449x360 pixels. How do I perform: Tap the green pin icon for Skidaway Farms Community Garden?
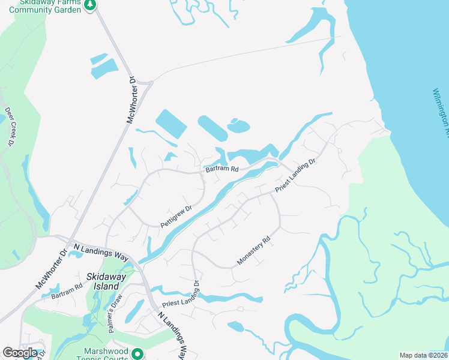click(x=90, y=5)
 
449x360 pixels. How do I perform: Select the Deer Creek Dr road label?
click(x=10, y=127)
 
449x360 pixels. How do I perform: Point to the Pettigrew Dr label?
click(x=175, y=217)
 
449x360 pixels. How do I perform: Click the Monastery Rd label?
click(x=255, y=250)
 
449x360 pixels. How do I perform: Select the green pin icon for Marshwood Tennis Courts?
click(x=137, y=354)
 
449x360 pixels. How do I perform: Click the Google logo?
click(x=20, y=353)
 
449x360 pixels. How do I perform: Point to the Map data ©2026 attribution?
click(x=423, y=355)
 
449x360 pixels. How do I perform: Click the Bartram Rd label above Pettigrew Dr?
click(x=221, y=170)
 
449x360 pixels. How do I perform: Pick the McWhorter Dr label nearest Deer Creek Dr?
click(x=132, y=100)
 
